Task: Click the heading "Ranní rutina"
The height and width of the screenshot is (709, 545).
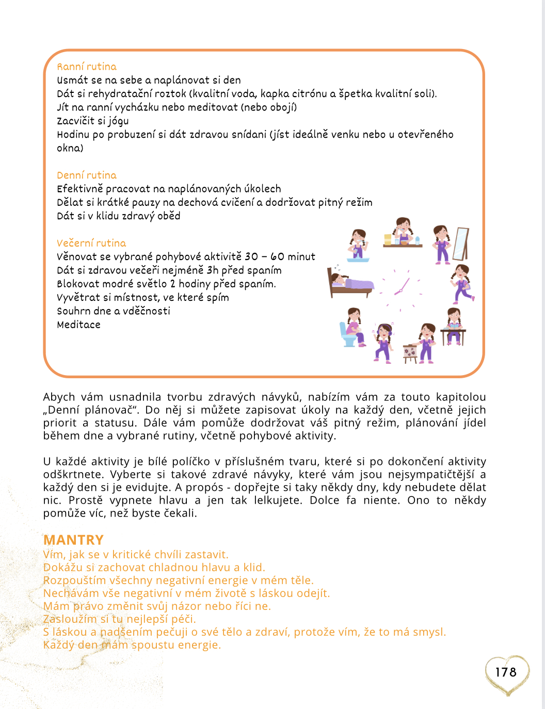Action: coord(87,67)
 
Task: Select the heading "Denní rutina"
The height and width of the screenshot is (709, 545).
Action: coord(87,175)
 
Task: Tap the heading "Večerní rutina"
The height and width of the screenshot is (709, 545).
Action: coord(91,243)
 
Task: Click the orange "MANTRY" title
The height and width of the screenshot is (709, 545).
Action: coord(73,540)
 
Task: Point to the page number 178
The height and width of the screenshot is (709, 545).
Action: coord(505,672)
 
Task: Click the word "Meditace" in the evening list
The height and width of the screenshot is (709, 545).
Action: coord(78,325)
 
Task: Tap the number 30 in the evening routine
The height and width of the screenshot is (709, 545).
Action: coord(251,256)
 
